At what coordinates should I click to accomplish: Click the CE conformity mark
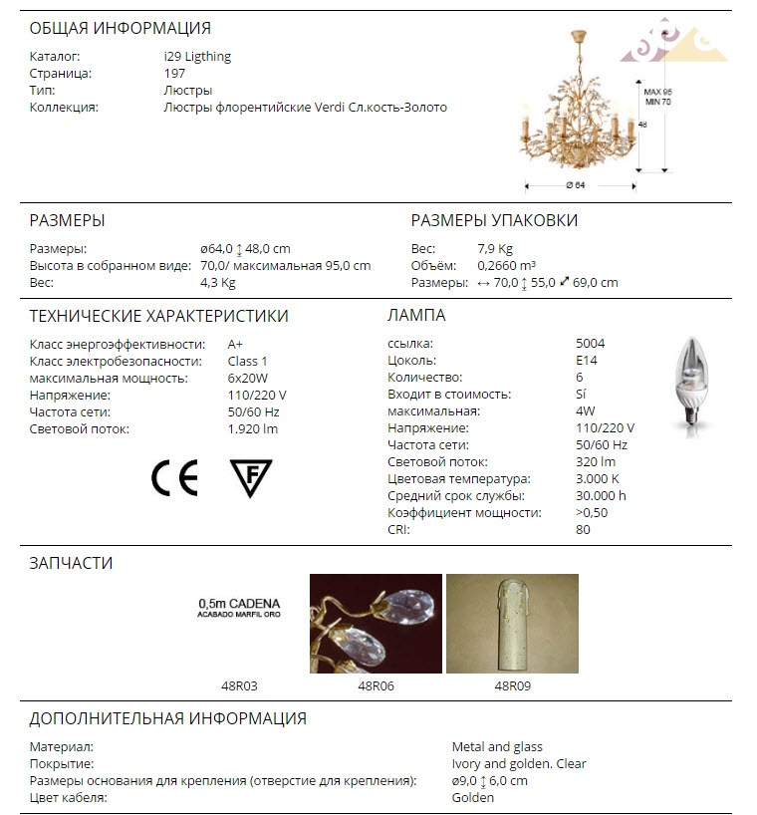(x=174, y=478)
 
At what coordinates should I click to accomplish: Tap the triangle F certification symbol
(x=251, y=478)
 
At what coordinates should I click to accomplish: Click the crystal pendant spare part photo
(x=376, y=624)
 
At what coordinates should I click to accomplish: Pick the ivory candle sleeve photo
(x=512, y=624)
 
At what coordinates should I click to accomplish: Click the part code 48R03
(x=239, y=685)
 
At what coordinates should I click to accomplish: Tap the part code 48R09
(x=513, y=685)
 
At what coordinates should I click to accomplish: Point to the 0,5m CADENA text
(x=239, y=604)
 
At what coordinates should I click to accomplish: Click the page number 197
(x=174, y=74)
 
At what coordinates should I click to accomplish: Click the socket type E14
(x=587, y=361)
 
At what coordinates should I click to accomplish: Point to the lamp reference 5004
(x=590, y=344)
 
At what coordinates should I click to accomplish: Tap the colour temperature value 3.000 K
(x=597, y=479)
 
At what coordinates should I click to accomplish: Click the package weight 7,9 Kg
(x=495, y=248)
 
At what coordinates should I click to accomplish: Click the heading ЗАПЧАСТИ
(x=71, y=563)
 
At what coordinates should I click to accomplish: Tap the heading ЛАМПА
(x=416, y=316)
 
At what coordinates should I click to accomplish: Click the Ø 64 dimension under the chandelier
(x=575, y=185)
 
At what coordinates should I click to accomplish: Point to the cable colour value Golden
(x=473, y=798)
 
